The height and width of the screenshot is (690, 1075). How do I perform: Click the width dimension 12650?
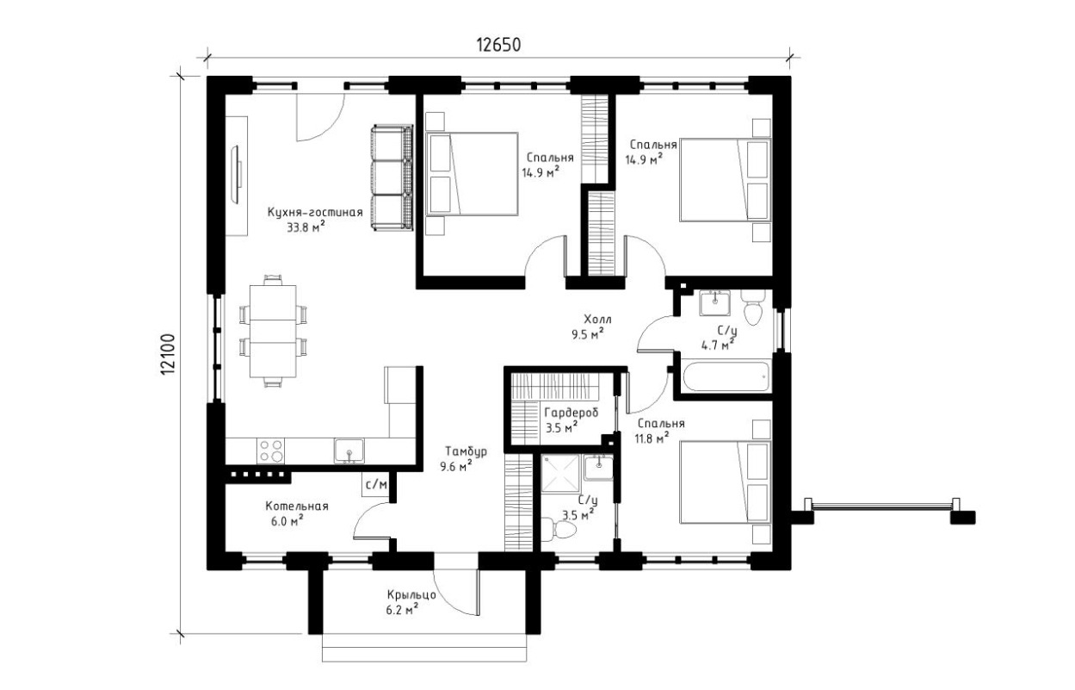[498, 45]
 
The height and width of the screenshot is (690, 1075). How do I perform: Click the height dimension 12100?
[170, 355]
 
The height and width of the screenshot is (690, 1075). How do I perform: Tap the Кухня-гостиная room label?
[315, 212]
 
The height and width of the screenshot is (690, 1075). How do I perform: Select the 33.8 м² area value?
[306, 227]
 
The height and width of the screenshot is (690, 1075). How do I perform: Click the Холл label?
[597, 319]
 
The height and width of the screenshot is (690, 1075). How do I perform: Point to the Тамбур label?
[466, 451]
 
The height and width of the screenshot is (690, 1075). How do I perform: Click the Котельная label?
[297, 507]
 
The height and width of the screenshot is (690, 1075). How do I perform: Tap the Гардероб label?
[571, 413]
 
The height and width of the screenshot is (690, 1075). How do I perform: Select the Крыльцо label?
[411, 595]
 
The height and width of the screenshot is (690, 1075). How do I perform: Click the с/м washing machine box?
[376, 484]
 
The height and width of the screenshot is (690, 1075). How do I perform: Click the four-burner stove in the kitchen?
[270, 451]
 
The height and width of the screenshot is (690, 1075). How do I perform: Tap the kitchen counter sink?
[349, 451]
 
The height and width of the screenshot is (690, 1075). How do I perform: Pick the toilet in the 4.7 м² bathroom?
[752, 307]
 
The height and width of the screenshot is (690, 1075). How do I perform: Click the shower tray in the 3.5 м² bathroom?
[560, 474]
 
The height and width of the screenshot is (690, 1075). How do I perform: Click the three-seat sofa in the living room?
[392, 177]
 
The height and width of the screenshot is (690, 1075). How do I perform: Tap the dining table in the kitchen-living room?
[273, 332]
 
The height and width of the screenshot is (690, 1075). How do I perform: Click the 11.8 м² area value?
[653, 438]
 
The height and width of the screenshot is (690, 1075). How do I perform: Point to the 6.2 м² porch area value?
[402, 610]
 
